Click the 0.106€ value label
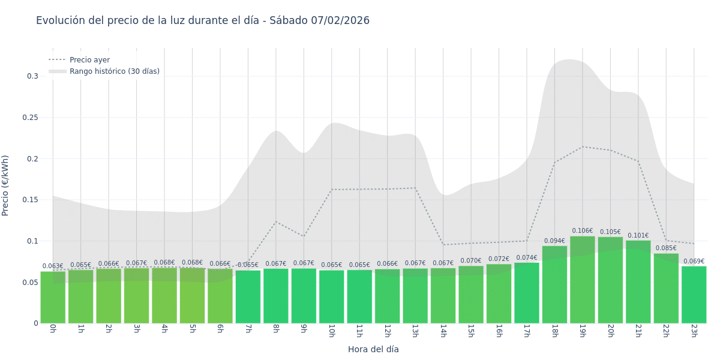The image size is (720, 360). (582, 231)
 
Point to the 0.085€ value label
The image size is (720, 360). (666, 248)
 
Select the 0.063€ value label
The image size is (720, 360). (53, 266)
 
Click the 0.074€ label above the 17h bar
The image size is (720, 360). (527, 258)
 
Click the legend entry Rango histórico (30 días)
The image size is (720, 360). (114, 71)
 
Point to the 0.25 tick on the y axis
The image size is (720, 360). (30, 118)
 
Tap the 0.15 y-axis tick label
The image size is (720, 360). (30, 200)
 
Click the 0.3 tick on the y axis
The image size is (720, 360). (32, 76)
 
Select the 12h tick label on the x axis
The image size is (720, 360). (387, 331)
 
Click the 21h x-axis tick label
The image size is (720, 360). (638, 331)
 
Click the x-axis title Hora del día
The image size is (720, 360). (373, 349)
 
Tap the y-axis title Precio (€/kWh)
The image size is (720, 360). (5, 185)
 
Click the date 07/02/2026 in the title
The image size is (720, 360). (340, 21)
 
